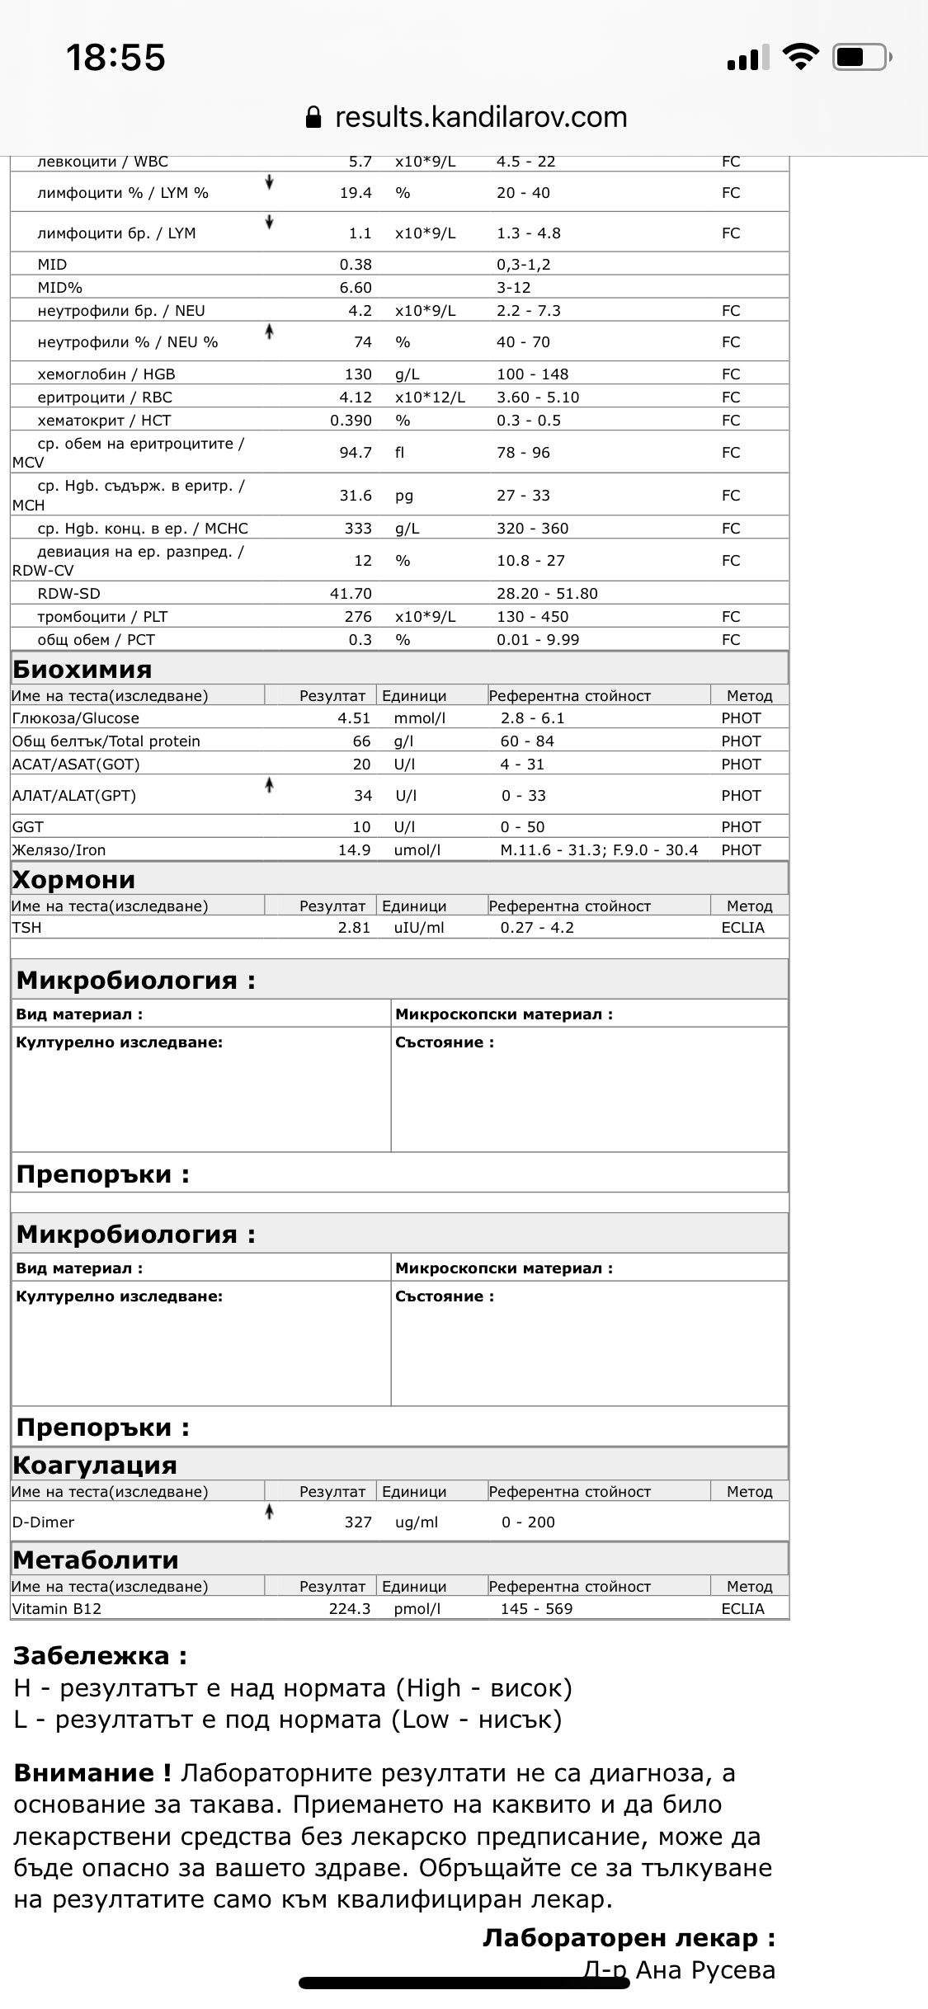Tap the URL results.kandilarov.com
point(481,117)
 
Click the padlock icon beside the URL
point(313,117)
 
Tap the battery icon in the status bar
point(862,58)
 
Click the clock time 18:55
point(115,58)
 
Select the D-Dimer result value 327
point(358,1522)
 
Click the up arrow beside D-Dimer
point(269,1512)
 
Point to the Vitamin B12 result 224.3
point(350,1608)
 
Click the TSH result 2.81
point(354,927)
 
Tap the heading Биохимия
point(82,669)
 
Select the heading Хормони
point(74,879)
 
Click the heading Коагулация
point(95,1465)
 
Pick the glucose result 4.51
point(354,717)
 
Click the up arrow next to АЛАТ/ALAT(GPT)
point(269,786)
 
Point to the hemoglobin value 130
point(358,374)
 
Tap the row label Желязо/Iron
point(59,849)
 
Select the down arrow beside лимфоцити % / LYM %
point(269,183)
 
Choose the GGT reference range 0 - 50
point(522,826)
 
